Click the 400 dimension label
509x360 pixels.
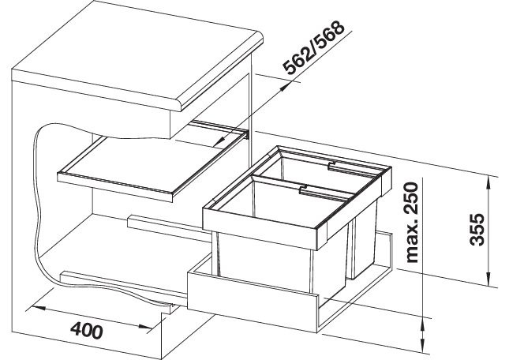[87, 331]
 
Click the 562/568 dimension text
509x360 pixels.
[313, 47]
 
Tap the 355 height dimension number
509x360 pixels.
[477, 229]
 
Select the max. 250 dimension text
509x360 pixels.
[412, 223]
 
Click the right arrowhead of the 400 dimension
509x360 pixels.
[145, 326]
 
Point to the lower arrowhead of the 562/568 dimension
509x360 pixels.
[220, 141]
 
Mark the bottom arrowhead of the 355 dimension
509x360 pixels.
[488, 279]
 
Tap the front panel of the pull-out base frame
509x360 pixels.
[252, 302]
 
